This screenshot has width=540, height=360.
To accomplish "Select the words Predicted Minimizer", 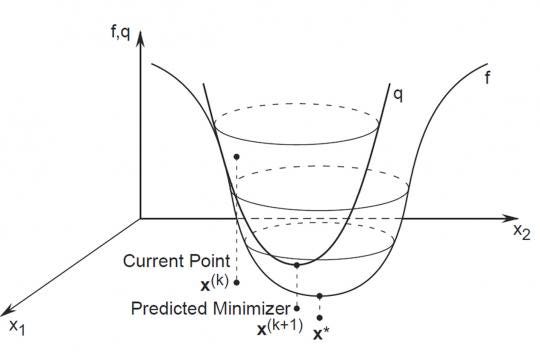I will [x=210, y=308].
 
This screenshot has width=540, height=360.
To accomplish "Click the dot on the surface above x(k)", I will [x=235, y=156].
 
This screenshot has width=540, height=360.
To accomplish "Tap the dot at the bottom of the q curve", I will [x=297, y=265].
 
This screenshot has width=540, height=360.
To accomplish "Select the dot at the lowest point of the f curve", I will [x=319, y=296].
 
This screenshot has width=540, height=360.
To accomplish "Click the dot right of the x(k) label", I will [x=236, y=283].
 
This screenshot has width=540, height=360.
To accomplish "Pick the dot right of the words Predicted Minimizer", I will [x=297, y=308].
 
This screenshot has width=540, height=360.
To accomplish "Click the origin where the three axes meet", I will [x=142, y=217].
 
